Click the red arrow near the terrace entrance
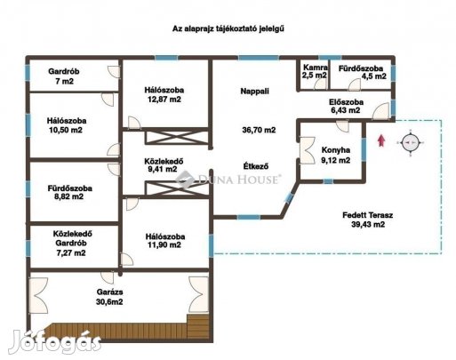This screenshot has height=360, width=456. (381, 140)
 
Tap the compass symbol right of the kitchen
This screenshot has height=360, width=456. (411, 143)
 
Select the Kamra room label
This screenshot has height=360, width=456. (316, 68)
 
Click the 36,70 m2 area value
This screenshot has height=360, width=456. (259, 130)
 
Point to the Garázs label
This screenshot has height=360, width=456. (109, 292)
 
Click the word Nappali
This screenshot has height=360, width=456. (255, 91)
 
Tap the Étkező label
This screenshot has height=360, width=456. (256, 166)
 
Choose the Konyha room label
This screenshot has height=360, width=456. (336, 150)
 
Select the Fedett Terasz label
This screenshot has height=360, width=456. (368, 215)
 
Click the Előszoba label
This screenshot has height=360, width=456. (346, 102)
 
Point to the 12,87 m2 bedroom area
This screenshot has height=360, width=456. (164, 100)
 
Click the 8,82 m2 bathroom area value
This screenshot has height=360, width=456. (69, 196)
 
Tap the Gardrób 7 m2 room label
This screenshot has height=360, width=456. (64, 76)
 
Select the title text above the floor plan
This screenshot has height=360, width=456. (228, 28)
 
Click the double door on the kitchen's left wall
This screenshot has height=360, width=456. (308, 150)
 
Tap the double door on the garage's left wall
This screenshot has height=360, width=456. (38, 295)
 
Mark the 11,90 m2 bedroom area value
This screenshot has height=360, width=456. (164, 245)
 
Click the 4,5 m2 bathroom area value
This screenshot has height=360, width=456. (374, 76)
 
